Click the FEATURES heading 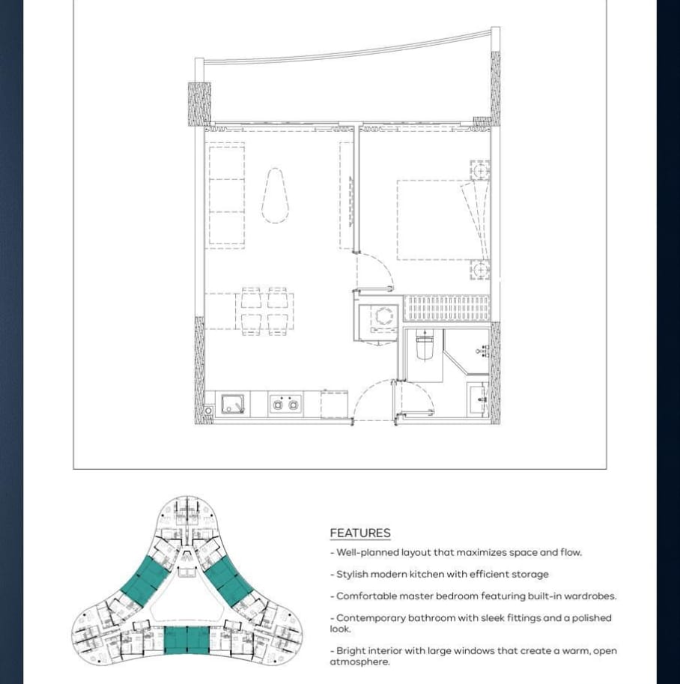pos(360,533)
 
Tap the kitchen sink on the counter pos(233,404)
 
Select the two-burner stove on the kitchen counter pos(285,405)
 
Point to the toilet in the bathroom pos(424,344)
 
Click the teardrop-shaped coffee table pos(276,196)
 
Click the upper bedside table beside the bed pos(480,170)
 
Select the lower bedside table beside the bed pos(480,270)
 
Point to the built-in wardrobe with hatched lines pos(447,309)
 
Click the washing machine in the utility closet pos(384,318)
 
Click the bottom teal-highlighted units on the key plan pos(186,641)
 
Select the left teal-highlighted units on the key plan pos(145,581)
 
